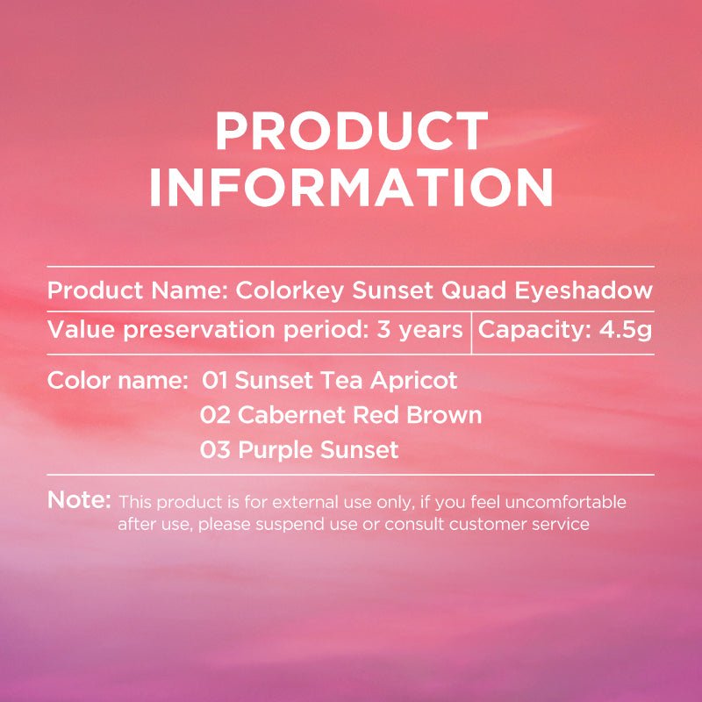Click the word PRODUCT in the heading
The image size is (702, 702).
(351, 133)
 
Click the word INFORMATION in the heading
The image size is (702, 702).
(351, 187)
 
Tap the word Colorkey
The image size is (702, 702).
(291, 290)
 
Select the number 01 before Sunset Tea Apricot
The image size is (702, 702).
(215, 381)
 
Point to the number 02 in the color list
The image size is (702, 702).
(215, 415)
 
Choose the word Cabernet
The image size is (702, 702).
(287, 415)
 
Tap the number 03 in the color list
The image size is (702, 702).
(215, 450)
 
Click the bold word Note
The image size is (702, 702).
(79, 500)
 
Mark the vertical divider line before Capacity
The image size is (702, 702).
(471, 331)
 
